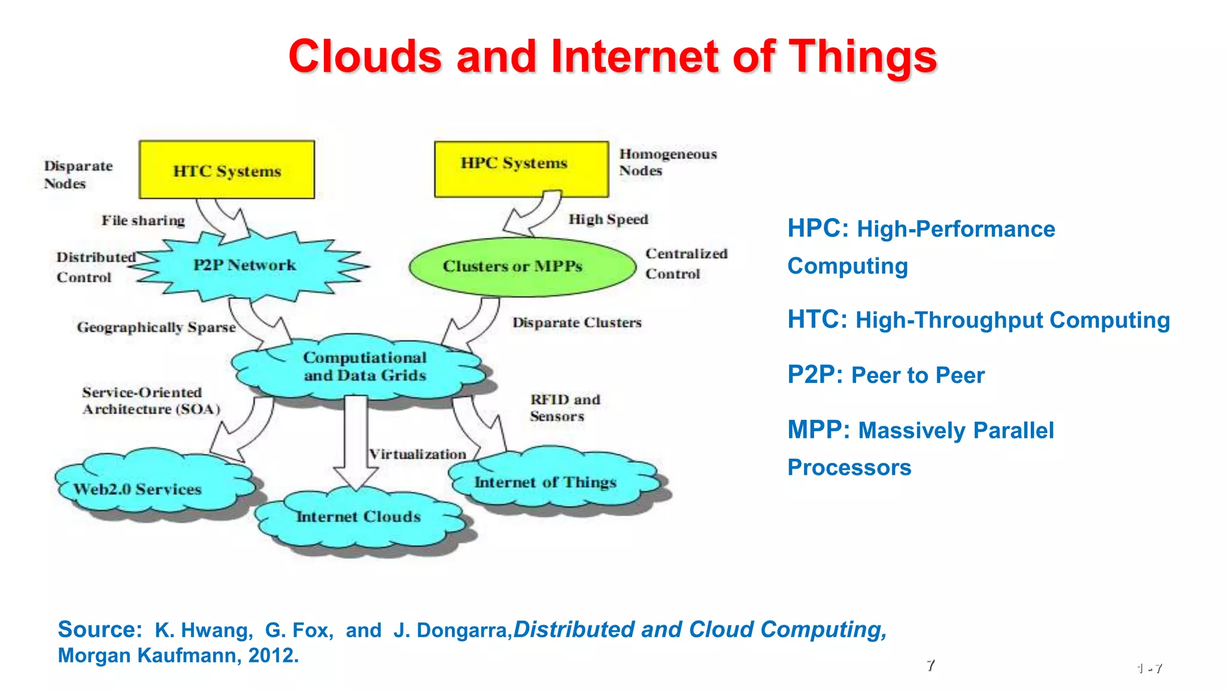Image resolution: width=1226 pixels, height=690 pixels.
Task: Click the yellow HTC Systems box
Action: pos(226,170)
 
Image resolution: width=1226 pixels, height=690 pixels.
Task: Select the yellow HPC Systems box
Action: pos(521,169)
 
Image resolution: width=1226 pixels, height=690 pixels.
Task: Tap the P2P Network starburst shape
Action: pos(244,265)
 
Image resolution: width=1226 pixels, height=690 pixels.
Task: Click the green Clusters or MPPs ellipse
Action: pos(522,267)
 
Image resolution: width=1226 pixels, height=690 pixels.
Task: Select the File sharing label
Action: pos(143,220)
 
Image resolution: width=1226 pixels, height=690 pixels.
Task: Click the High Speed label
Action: pos(608,219)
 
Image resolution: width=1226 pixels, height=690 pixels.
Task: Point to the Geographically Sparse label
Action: pos(156,327)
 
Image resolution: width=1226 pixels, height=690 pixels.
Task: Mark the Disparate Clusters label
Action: pos(576,322)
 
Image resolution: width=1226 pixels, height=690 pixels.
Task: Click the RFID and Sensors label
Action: pos(564,407)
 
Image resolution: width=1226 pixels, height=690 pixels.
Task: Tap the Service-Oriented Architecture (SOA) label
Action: pos(151,401)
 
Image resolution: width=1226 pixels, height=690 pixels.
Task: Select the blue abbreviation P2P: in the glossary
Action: pos(815,375)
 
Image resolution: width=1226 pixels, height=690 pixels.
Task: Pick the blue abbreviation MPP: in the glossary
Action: pos(818,430)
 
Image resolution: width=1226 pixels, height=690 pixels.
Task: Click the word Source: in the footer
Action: pos(99,630)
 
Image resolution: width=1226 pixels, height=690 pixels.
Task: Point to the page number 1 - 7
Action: pos(1149,668)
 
